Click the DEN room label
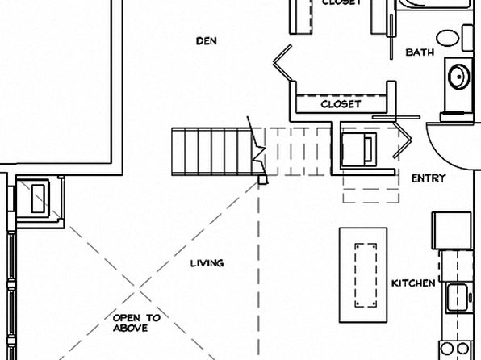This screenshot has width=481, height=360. pos(207,41)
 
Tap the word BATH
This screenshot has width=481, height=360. pos(420,52)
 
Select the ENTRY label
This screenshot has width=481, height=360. pos(429,178)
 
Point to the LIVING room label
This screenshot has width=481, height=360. pos(207,263)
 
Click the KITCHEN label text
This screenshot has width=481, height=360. pos(413,283)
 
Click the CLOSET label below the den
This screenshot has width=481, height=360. pos(341,104)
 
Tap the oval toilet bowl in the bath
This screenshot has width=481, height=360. pos(448,38)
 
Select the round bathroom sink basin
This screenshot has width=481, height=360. pos(459,76)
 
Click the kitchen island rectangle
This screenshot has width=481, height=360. pos(363,275)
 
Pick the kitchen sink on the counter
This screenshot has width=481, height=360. pos(457,297)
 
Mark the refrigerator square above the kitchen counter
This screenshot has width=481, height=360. pos(452,231)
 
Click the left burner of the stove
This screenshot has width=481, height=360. pos(446,349)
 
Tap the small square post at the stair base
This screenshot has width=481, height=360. pos(262,180)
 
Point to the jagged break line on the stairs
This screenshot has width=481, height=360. pos(257,148)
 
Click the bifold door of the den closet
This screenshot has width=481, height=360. pos(282,63)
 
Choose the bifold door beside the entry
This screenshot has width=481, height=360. pos(402,140)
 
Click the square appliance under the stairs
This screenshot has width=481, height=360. pos(359,149)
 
